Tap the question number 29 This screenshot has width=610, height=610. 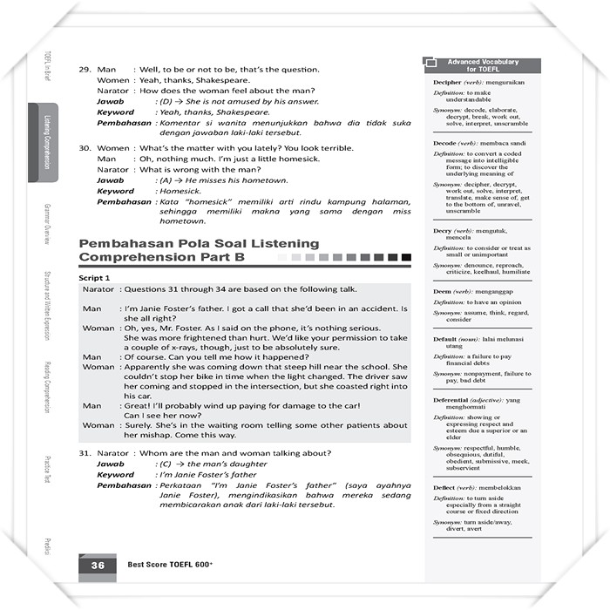pos(85,69)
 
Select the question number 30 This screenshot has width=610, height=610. pos(85,147)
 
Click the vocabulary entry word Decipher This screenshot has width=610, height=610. pos(446,82)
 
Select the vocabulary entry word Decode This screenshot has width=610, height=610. pos(444,142)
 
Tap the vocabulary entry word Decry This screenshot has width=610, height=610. pos(442,231)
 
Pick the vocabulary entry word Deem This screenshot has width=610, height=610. pos(443,290)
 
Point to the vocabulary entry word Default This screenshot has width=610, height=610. pos(445,338)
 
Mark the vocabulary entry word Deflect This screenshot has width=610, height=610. pos(445,487)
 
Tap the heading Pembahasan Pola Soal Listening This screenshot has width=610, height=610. pos(200,244)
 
